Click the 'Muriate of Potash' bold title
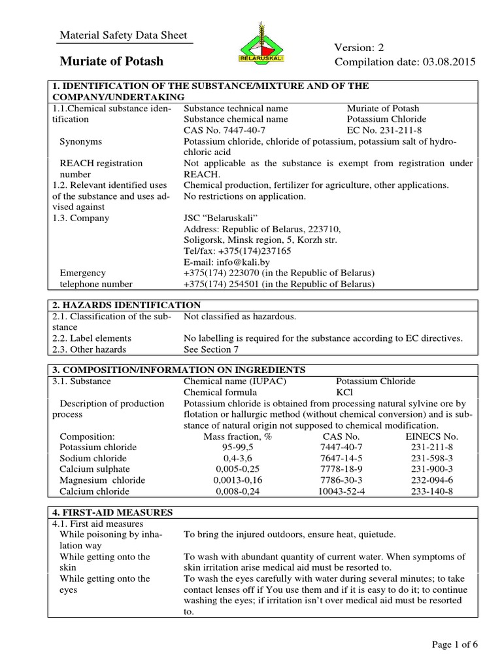(112, 62)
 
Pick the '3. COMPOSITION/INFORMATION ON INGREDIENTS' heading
(175, 370)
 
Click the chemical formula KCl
(344, 392)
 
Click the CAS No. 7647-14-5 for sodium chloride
(341, 458)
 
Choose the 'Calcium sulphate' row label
(95, 469)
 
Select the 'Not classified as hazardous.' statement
(240, 317)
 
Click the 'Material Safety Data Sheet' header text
(124, 35)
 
